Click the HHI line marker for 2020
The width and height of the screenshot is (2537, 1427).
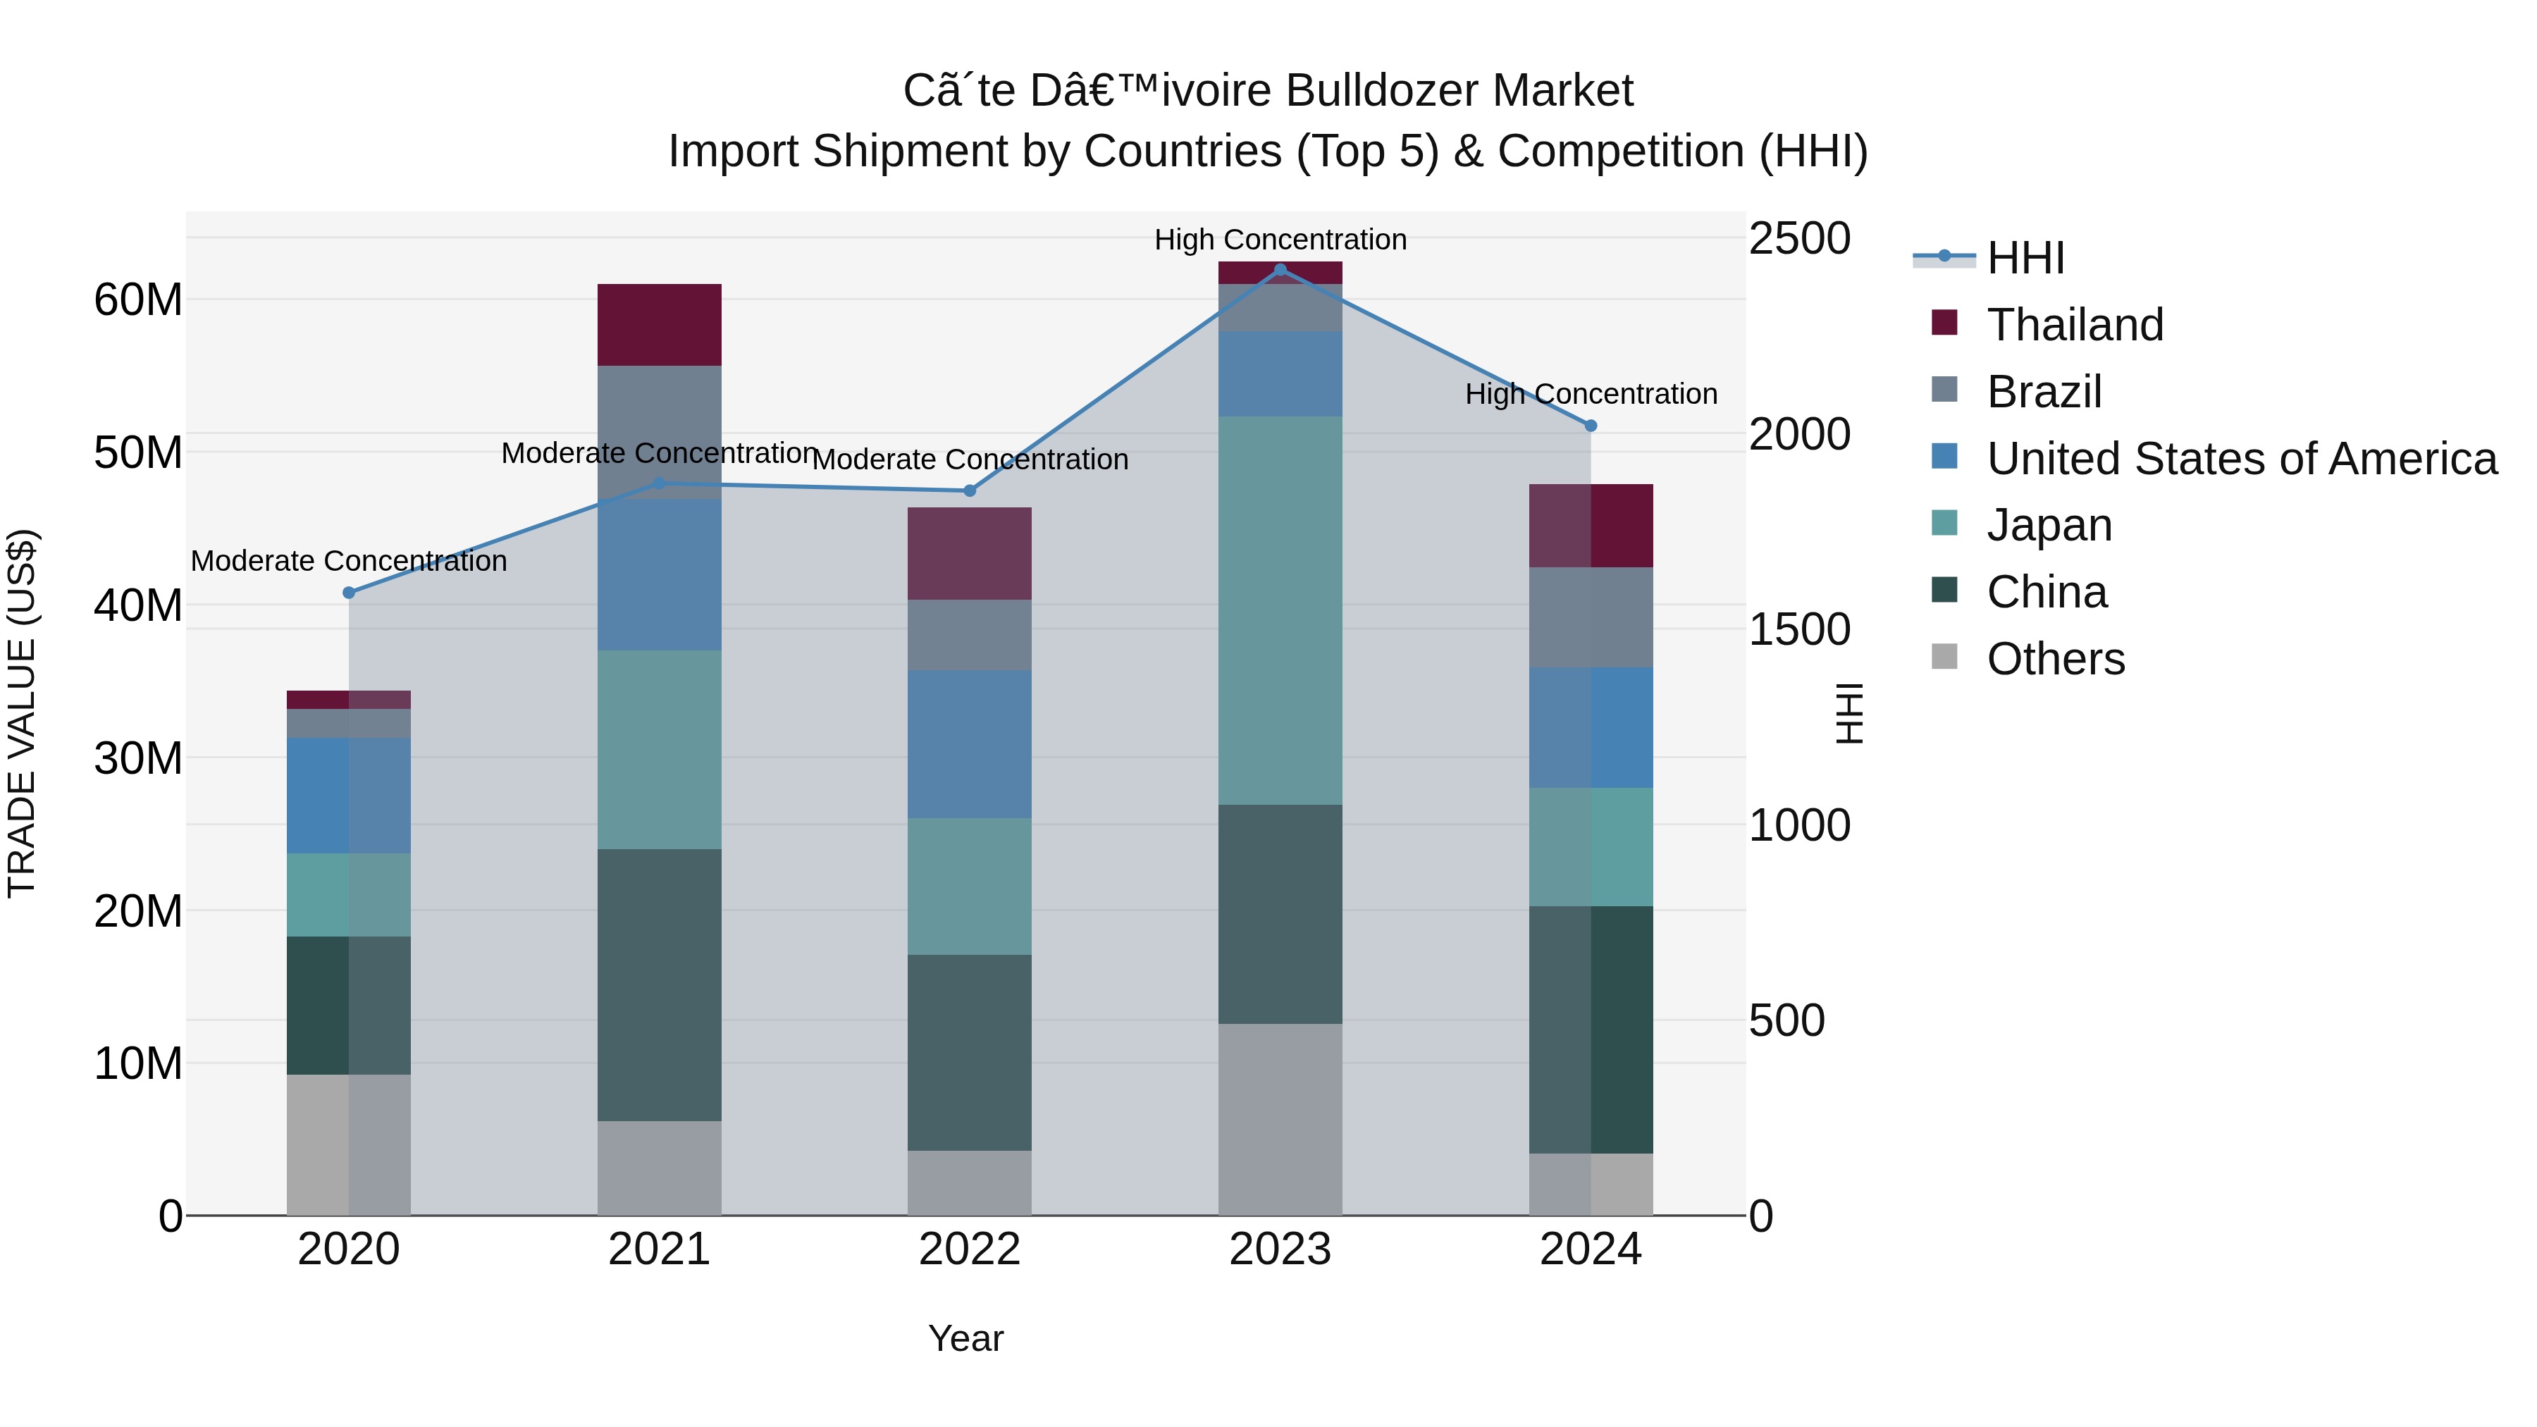(349, 593)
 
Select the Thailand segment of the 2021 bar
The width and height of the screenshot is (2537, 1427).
(659, 325)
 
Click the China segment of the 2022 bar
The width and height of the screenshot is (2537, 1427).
(969, 1053)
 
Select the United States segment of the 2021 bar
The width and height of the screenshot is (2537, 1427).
(659, 574)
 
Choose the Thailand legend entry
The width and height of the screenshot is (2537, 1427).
(2074, 325)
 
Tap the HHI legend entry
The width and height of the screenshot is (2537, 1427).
(2025, 258)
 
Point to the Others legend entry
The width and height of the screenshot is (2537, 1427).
(2056, 659)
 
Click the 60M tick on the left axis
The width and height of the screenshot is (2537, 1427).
(138, 299)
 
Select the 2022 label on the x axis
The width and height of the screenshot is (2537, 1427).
(969, 1249)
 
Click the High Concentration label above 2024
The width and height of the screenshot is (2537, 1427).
(1591, 394)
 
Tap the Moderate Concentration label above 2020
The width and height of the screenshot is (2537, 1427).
(349, 562)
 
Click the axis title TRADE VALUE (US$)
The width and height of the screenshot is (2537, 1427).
(22, 713)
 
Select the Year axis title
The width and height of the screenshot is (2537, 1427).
(965, 1338)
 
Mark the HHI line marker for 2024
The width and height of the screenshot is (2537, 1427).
(1590, 426)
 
